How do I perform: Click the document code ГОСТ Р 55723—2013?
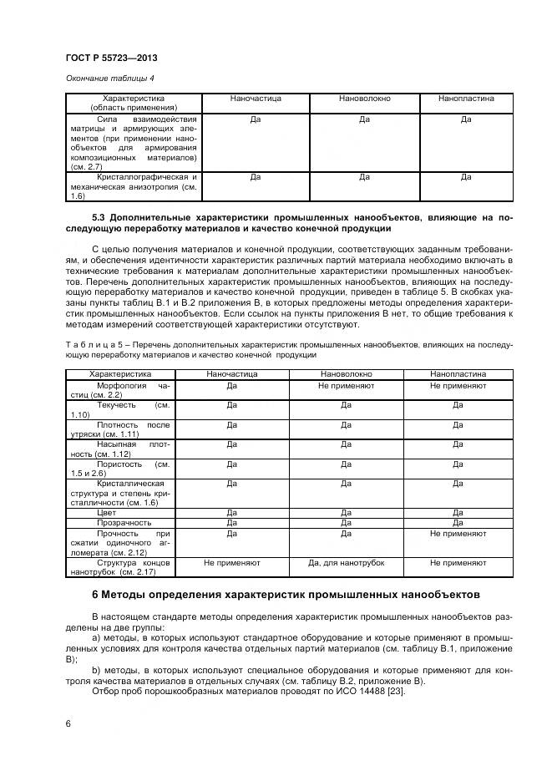111,58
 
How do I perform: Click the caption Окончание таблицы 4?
109,79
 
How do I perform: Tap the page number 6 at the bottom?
68,723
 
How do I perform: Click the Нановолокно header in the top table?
364,99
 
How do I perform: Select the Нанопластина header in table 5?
458,374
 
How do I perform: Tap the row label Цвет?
106,512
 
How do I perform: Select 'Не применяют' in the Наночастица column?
231,563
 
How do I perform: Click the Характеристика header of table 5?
121,374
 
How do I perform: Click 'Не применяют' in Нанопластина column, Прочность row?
458,532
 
